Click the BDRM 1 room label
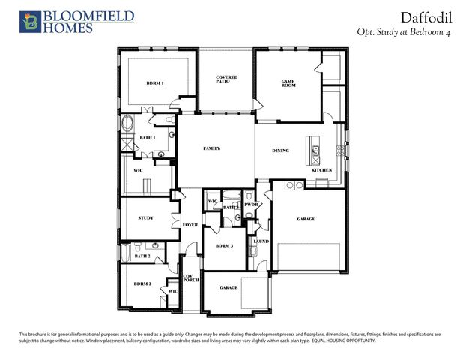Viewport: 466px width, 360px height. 154,82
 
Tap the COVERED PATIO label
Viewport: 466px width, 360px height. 226,79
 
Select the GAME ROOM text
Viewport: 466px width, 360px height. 288,82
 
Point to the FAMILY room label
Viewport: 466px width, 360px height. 212,148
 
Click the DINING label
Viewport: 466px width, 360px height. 280,151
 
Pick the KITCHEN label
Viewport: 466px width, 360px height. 321,170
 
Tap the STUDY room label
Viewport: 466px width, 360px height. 146,218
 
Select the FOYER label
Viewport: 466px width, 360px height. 190,223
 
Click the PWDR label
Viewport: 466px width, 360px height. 252,205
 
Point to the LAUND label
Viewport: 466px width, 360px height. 261,241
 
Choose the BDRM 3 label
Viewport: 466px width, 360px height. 224,246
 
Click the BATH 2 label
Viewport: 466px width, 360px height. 142,256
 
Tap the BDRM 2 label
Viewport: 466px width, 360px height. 142,283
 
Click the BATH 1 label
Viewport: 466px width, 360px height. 148,138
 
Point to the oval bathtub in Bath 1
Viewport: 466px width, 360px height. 126,124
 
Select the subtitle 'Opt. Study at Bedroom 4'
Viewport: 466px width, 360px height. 408,31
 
